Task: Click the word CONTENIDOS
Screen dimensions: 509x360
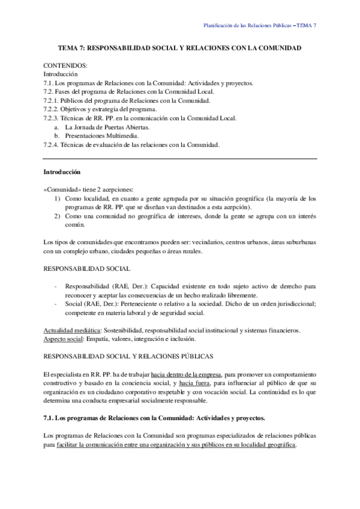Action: click(x=65, y=64)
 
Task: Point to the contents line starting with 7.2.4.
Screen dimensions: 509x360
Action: click(x=131, y=145)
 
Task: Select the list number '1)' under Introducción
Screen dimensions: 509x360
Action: click(x=57, y=198)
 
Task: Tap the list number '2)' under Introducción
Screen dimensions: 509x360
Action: click(x=57, y=216)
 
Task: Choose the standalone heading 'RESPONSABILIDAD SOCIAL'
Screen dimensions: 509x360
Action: click(x=84, y=269)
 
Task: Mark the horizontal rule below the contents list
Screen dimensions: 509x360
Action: click(x=180, y=158)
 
